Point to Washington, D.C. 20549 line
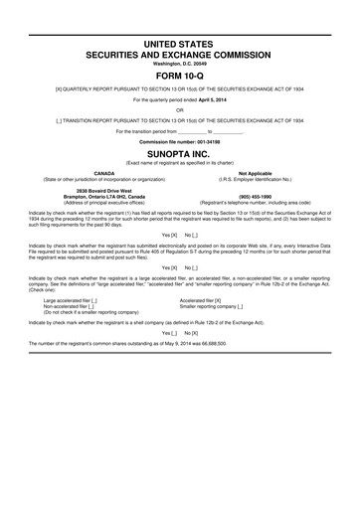pyautogui.click(x=179, y=62)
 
